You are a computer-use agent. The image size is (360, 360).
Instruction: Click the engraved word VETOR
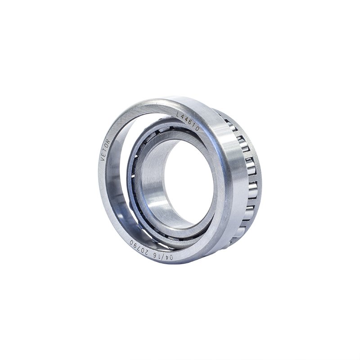pyautogui.click(x=106, y=149)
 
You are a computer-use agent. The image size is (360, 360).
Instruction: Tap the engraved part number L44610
pyautogui.click(x=188, y=121)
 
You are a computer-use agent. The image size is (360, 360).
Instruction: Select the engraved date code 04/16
pyautogui.click(x=163, y=254)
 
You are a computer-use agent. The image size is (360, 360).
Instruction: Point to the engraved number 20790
pyautogui.click(x=139, y=246)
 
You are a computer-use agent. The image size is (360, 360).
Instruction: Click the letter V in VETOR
pyautogui.click(x=103, y=158)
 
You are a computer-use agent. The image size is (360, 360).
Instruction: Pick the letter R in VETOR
pyautogui.click(x=108, y=140)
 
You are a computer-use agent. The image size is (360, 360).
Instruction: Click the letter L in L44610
pyautogui.click(x=178, y=114)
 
